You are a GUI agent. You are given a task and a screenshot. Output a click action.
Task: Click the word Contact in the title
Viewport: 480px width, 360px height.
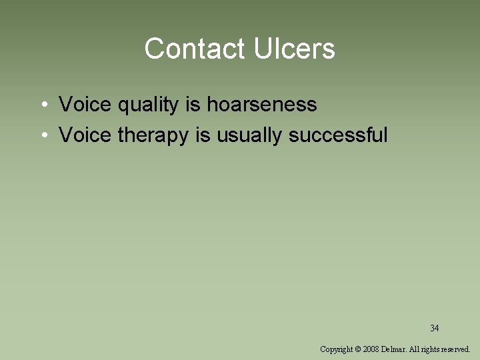click(195, 49)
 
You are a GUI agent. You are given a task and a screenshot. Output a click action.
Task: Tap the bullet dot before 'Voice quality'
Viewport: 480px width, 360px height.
click(42, 105)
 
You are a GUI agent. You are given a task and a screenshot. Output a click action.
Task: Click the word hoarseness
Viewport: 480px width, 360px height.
click(261, 105)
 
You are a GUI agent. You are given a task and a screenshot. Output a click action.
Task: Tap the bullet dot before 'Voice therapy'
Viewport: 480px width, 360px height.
click(42, 136)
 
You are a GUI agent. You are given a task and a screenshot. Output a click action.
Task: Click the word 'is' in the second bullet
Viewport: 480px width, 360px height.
click(202, 135)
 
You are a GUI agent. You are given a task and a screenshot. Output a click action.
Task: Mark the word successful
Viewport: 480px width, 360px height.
click(338, 135)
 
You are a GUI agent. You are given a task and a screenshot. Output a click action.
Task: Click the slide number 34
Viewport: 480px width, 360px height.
click(434, 328)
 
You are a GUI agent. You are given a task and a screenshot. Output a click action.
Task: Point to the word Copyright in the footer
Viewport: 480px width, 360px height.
click(337, 349)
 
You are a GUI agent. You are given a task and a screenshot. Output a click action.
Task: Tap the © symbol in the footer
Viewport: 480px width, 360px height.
click(359, 349)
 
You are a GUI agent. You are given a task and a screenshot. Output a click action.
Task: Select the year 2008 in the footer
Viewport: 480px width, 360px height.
click(371, 349)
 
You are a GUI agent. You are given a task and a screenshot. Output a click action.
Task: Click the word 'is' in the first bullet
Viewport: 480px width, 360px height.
click(191, 105)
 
